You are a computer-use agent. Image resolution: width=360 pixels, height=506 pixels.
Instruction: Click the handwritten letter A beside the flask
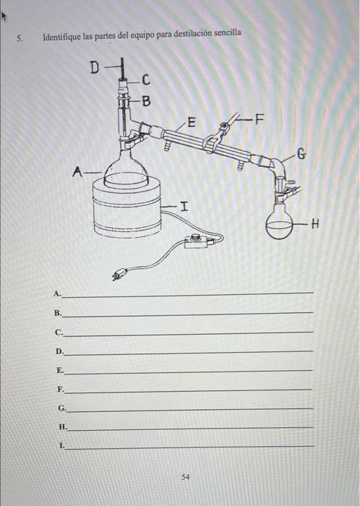coord(77,172)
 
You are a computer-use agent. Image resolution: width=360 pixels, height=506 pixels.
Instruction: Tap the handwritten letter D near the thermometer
coord(95,68)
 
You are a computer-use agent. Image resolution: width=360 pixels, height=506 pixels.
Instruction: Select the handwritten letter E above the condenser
coord(192,122)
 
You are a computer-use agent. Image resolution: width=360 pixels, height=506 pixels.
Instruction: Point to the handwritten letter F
coord(259,119)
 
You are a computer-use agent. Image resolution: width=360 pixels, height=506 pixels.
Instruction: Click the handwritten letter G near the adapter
coord(301,154)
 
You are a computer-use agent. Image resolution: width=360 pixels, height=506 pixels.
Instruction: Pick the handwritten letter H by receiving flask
coord(315,223)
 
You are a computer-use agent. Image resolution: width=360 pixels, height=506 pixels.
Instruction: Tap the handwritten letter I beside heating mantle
coord(184,205)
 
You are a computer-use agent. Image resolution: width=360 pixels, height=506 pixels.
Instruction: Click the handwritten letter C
coord(146,80)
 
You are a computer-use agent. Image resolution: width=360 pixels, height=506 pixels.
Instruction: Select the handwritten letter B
coord(147,101)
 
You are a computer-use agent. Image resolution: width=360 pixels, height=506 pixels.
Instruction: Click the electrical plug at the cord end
coord(117,275)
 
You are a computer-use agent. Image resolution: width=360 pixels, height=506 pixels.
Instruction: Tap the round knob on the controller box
coord(195,237)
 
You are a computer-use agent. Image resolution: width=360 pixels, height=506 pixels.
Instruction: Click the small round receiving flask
coord(279,223)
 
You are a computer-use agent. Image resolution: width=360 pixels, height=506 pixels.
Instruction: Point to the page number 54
coord(186,476)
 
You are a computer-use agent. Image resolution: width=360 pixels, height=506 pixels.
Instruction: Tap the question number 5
coord(20,39)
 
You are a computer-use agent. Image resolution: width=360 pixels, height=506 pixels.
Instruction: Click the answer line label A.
coord(57,293)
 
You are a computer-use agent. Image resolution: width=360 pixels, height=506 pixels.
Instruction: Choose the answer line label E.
coord(60,370)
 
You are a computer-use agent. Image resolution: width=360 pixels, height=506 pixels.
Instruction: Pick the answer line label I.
coord(62,446)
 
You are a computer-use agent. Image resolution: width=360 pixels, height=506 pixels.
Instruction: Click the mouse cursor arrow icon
coord(4,16)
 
